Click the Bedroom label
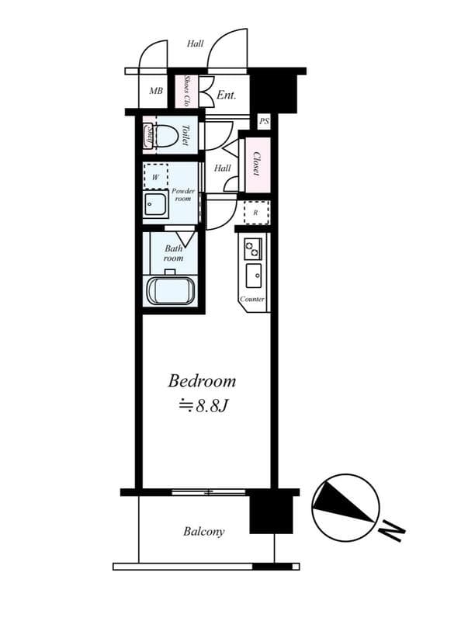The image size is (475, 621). coord(202,381)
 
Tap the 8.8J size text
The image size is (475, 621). coord(204,406)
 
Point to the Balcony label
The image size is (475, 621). coord(204,532)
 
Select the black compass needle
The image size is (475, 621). coord(342,501)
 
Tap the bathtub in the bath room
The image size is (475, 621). coord(171,290)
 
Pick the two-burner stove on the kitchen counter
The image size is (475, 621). coord(252,248)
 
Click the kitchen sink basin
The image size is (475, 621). coord(253,276)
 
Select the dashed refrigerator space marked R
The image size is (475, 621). coord(256,213)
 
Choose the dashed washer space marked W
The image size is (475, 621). coord(155,177)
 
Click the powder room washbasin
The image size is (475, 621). coord(156,204)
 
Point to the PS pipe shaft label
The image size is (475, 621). coord(264,122)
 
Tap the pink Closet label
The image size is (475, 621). coord(256,164)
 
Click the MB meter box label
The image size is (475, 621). coord(156,91)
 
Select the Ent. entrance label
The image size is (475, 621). coord(227,95)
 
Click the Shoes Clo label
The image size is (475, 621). coord(186,91)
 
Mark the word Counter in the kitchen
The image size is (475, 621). coord(252,300)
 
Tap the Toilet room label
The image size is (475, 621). coord(185,135)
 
